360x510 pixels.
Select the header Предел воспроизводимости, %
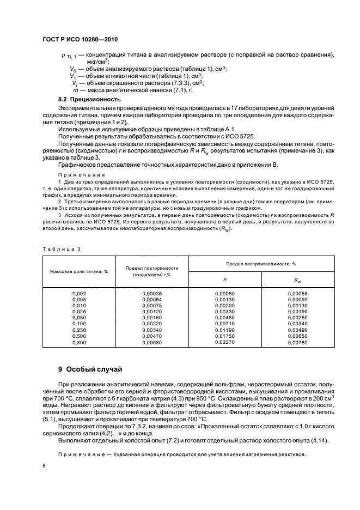[261, 263]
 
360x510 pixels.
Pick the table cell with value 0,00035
[152, 294]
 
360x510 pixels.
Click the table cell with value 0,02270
[224, 342]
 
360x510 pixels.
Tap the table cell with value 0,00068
[297, 294]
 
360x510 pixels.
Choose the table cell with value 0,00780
[297, 342]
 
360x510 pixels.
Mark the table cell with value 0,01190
[224, 330]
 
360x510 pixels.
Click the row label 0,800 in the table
[80, 342]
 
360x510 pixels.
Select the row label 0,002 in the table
[80, 294]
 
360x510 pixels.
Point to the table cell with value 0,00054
[152, 300]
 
